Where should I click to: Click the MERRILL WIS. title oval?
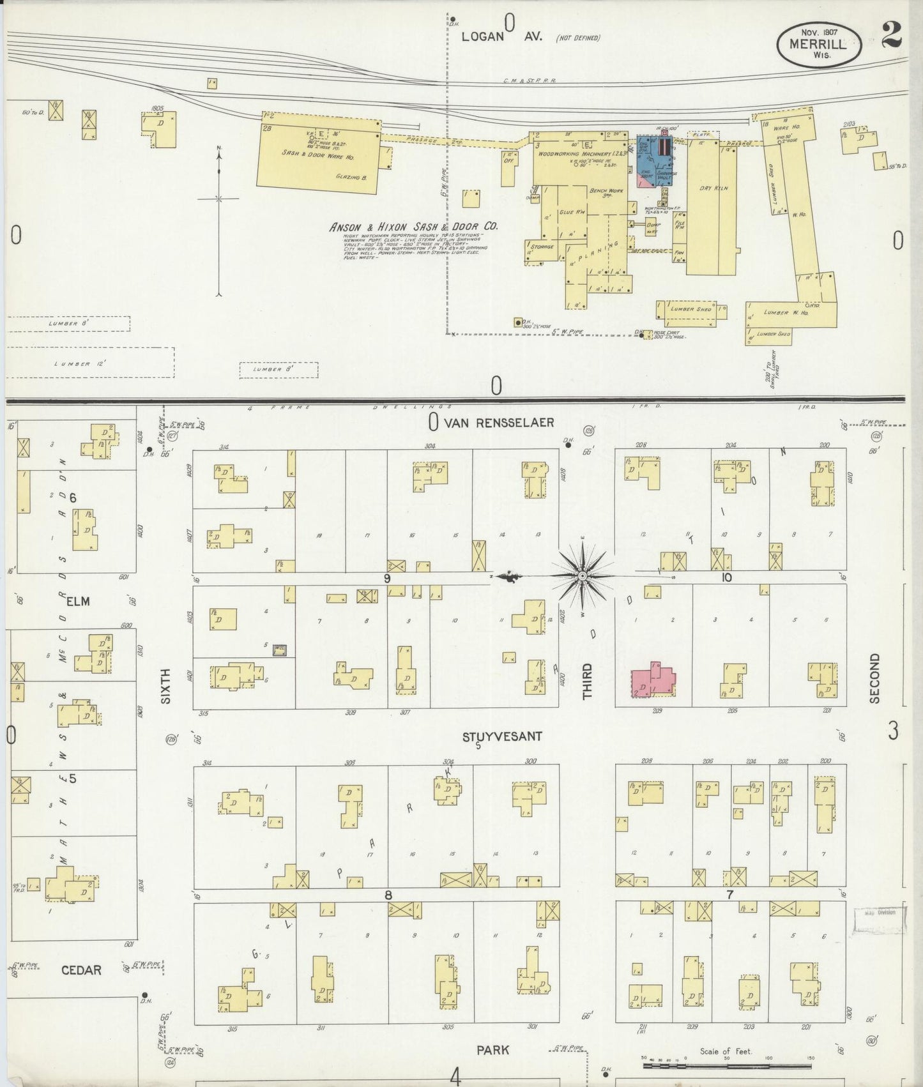819,45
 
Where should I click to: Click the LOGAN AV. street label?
501,36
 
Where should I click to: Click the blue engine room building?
653,162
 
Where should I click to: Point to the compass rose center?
582,577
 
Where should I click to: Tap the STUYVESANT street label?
502,736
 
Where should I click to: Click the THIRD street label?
587,681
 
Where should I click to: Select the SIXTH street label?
166,686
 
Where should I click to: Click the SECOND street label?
874,678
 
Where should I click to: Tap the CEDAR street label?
81,970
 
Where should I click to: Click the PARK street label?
493,1050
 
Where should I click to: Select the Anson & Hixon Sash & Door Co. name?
413,227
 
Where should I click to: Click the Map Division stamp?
881,913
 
